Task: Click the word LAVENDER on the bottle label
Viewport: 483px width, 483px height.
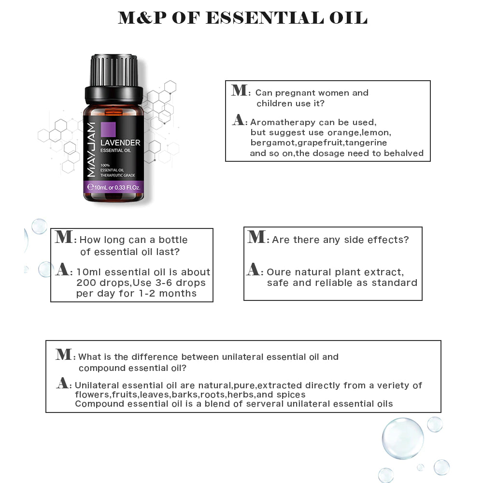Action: click(120, 142)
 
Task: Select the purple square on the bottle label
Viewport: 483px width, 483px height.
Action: click(109, 130)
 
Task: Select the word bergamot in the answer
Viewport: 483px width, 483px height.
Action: click(272, 143)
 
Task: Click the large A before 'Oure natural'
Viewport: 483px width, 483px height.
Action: click(254, 270)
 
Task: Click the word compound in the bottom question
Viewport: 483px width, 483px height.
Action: click(99, 368)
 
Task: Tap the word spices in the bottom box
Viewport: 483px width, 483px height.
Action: click(291, 395)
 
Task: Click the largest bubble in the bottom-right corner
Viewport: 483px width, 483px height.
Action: click(402, 439)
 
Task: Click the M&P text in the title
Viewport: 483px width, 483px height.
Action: click(141, 18)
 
